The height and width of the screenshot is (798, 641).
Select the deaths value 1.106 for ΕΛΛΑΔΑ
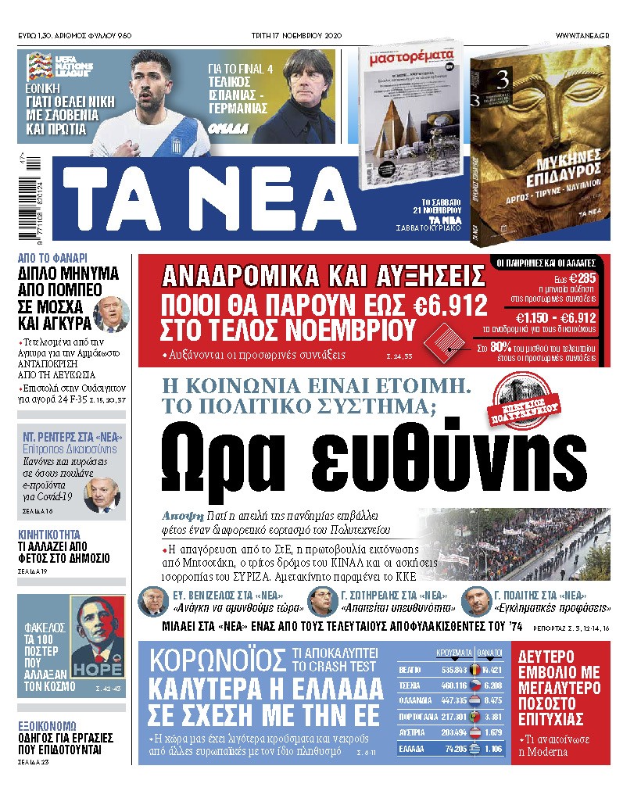[x=492, y=748]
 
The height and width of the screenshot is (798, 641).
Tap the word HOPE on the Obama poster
[x=97, y=669]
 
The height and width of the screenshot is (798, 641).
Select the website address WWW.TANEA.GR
[x=583, y=36]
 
